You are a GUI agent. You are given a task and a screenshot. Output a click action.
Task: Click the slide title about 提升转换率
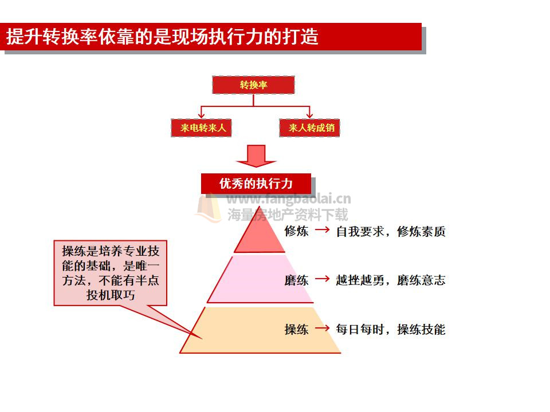point(162,37)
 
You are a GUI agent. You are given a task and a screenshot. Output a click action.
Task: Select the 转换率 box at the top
point(253,85)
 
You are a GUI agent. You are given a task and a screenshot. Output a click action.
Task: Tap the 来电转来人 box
point(201,128)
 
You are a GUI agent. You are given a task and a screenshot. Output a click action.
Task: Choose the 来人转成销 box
point(309,128)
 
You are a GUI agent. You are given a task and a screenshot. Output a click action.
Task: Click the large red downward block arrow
point(257,156)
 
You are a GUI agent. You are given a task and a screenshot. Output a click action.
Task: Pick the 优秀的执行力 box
point(256,183)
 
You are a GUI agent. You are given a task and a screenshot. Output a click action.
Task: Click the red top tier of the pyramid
point(260,235)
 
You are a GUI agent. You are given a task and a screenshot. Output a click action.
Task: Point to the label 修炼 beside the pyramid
point(296,231)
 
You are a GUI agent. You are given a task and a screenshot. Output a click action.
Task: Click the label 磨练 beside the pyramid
point(296,280)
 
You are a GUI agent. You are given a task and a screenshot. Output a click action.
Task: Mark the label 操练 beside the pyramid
point(296,330)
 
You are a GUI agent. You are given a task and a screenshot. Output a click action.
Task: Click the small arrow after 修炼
point(323,230)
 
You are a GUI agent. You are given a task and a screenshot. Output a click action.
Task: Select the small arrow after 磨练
point(323,279)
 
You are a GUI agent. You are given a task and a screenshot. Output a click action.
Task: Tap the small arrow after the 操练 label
point(323,328)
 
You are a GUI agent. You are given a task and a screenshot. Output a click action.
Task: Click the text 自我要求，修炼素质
point(391,232)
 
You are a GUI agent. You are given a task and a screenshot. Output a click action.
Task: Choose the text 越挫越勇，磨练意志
point(391,280)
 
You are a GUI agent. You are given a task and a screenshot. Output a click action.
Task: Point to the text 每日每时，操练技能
point(391,330)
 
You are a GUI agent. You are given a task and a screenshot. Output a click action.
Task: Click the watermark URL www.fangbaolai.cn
point(289,199)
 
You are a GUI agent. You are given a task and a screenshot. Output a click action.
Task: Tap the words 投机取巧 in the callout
point(111,295)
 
